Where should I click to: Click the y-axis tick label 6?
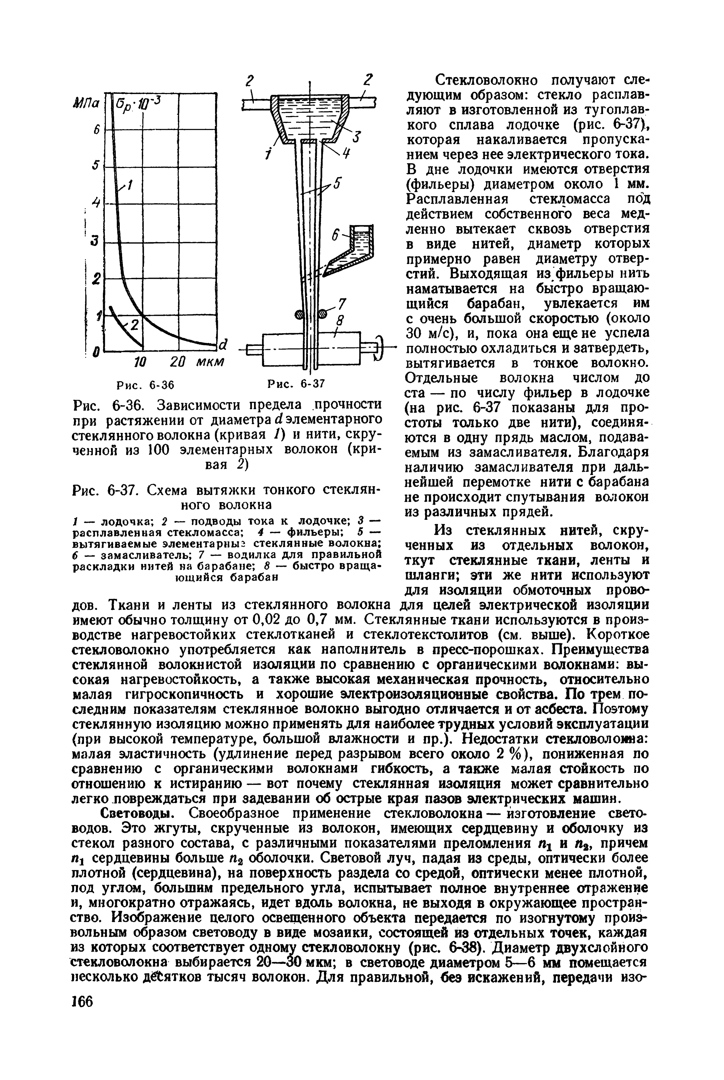[x=97, y=131]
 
